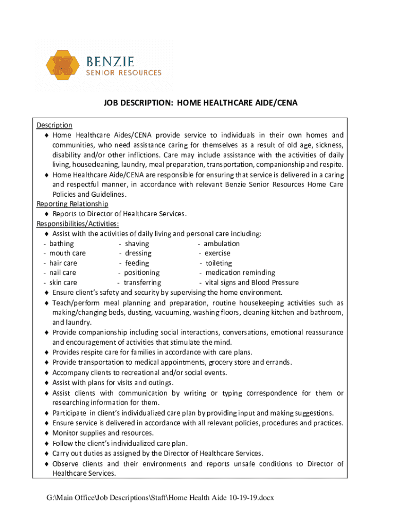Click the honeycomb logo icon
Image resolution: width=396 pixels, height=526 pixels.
(62, 67)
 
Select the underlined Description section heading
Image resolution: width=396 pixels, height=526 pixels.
(54, 125)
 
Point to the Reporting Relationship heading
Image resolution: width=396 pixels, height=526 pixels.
(72, 204)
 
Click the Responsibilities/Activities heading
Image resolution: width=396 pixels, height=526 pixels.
(78, 223)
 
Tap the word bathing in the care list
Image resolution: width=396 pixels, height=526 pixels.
(61, 243)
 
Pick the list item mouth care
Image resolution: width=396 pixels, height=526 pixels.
(67, 253)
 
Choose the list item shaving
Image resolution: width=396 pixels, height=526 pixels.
(137, 243)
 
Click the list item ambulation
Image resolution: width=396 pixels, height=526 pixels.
(221, 243)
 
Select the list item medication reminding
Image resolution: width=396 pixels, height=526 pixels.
(240, 273)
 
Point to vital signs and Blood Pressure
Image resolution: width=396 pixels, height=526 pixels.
(251, 283)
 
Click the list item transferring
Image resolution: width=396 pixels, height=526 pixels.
(142, 283)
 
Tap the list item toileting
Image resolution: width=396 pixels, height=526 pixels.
(219, 263)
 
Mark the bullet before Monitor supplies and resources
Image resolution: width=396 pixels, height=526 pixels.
(46, 433)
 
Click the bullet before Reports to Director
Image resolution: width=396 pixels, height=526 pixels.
(46, 214)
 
